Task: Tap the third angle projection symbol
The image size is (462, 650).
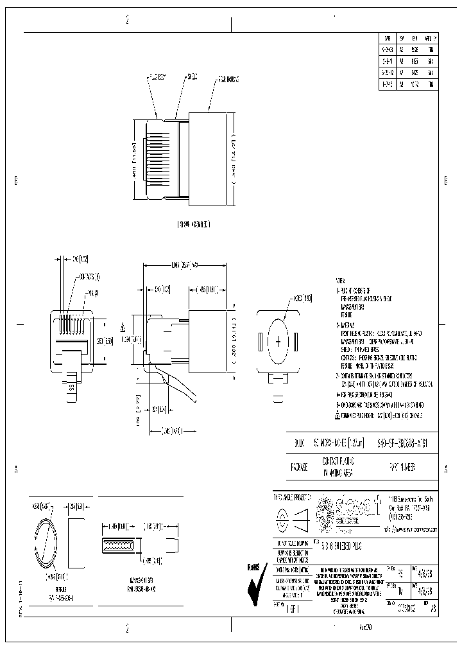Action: (x=291, y=519)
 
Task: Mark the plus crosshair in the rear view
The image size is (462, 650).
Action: (x=278, y=342)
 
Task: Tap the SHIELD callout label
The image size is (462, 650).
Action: (x=192, y=77)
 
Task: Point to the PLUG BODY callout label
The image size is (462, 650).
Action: (x=157, y=77)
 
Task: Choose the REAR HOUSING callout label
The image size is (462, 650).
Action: (x=228, y=79)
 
